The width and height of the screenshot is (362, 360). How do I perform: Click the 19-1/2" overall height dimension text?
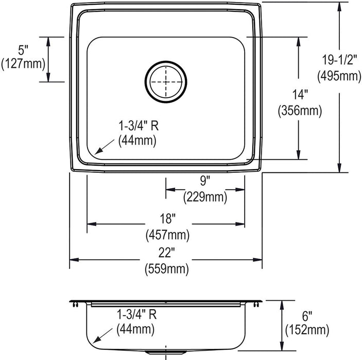[339, 60]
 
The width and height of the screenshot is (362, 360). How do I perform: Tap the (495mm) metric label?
[339, 76]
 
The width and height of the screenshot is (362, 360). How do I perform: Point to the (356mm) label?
[300, 111]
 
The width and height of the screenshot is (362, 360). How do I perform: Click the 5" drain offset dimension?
[23, 50]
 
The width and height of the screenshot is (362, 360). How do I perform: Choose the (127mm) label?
[23, 64]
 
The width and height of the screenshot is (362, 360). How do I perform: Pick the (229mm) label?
[205, 197]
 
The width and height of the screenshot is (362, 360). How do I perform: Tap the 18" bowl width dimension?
[167, 219]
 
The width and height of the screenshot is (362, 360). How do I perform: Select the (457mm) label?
[167, 235]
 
